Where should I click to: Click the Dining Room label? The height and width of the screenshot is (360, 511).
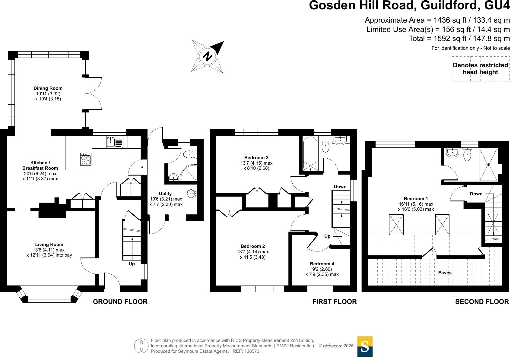(48, 88)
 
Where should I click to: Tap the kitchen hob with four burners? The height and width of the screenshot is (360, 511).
(86, 159)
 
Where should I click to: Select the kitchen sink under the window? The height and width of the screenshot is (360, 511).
(115, 142)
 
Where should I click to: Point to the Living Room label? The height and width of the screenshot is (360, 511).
(49, 245)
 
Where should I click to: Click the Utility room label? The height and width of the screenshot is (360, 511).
(165, 194)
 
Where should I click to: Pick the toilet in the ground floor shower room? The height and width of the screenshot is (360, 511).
(189, 154)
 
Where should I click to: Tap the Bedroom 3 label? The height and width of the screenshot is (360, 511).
(256, 158)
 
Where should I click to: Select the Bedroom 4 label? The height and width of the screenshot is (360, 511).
(322, 264)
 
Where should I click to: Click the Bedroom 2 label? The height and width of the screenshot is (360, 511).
(253, 246)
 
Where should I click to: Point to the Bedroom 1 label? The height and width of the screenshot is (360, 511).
(416, 199)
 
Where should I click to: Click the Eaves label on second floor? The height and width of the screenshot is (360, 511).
(445, 273)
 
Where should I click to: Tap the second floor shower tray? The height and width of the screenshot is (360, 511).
(488, 165)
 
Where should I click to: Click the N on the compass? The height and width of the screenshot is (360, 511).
(207, 56)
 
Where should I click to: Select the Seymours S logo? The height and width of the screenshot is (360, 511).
(365, 346)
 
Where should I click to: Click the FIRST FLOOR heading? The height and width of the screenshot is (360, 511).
(334, 302)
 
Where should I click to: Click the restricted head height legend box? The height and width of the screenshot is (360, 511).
(480, 69)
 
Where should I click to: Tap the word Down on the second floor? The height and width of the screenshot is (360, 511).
(476, 194)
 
